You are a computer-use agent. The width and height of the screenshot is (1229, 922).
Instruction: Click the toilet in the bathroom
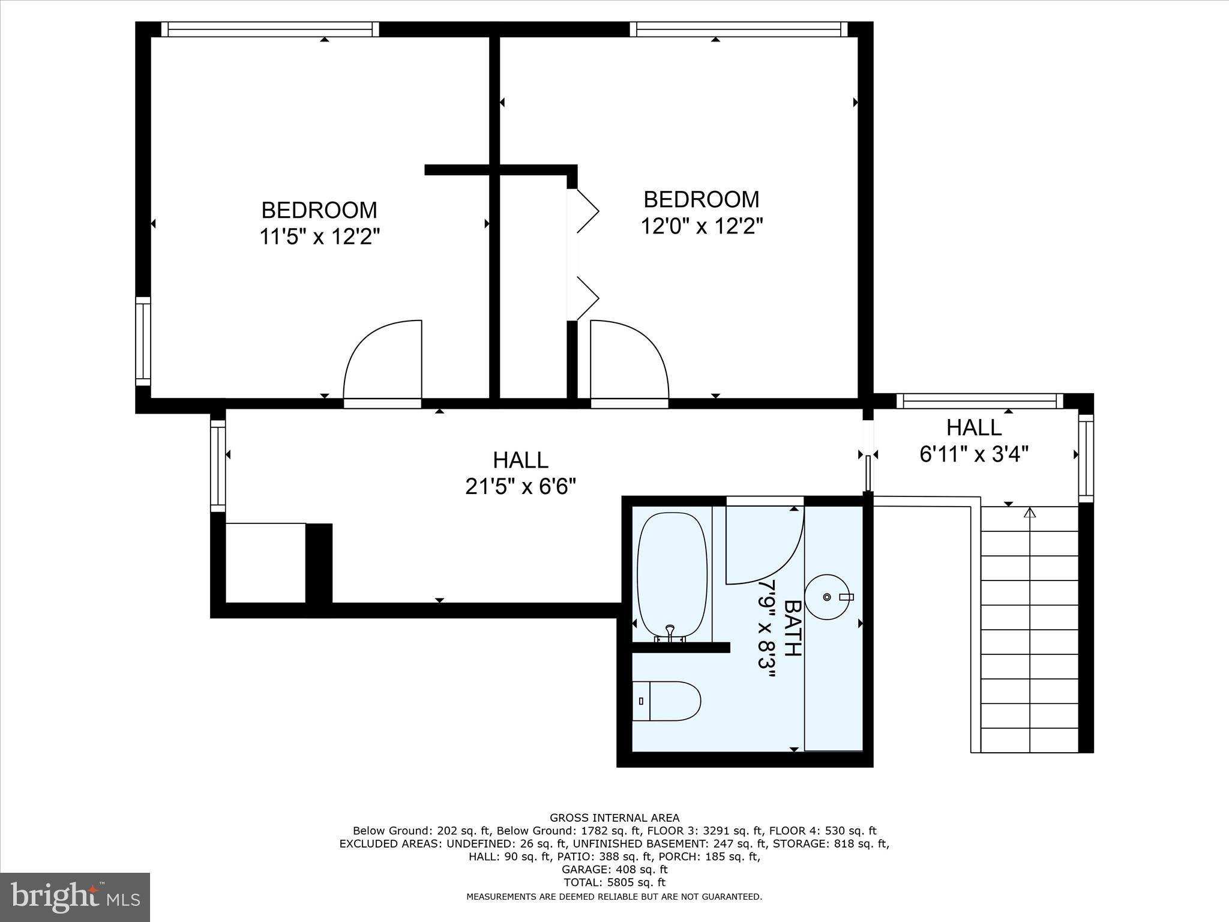pos(667,701)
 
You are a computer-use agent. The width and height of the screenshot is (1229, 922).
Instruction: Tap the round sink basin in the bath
pos(829,597)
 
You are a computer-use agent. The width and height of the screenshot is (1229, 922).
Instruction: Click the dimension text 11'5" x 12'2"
pos(320,237)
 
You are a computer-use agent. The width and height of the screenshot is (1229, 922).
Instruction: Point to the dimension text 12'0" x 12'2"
pos(702,226)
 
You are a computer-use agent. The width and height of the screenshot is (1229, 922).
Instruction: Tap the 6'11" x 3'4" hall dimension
pos(974,454)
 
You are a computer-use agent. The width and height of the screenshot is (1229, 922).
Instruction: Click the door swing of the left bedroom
pos(382,360)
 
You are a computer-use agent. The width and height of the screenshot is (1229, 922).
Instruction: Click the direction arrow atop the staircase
pos(1030,513)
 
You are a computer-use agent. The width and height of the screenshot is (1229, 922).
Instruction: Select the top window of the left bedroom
pos(270,29)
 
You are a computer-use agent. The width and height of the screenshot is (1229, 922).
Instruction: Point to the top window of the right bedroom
pos(739,29)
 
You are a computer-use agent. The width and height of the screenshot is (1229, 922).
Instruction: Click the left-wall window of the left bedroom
pos(143,341)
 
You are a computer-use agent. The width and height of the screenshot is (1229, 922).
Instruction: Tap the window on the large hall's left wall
pos(218,466)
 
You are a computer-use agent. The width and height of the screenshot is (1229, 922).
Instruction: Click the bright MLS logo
pos(75,897)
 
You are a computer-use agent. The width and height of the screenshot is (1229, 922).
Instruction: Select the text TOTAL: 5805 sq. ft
pos(614,882)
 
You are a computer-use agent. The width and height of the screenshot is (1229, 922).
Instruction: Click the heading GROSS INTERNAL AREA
pos(614,818)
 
